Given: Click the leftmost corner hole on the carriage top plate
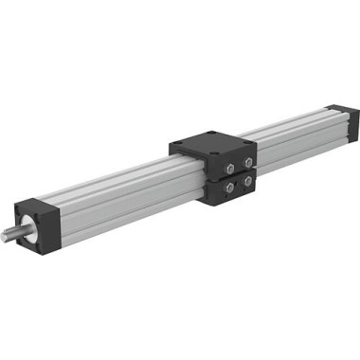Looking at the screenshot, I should point(180,144).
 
